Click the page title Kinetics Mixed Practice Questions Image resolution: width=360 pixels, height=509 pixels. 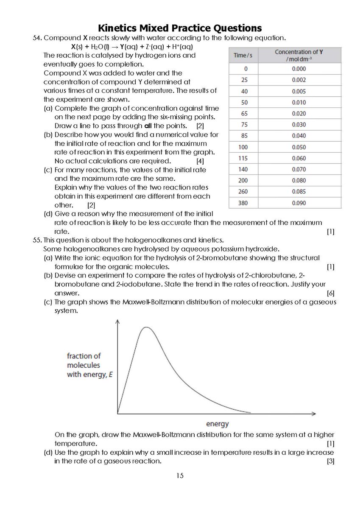coord(180,28)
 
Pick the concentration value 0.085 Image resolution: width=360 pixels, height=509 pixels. coord(299,192)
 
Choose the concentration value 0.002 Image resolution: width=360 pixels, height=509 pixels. coord(299,80)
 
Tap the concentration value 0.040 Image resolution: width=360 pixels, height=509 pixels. coord(299,136)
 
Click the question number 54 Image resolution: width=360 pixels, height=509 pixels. coord(38,38)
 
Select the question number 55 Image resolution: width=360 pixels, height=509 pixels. coord(38,240)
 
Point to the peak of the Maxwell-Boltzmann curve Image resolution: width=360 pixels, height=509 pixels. coord(146,327)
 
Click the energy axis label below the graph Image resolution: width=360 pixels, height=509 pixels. coord(217,424)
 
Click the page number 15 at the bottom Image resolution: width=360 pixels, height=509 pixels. coord(180,476)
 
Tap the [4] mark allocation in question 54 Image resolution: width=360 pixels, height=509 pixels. coord(200,161)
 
